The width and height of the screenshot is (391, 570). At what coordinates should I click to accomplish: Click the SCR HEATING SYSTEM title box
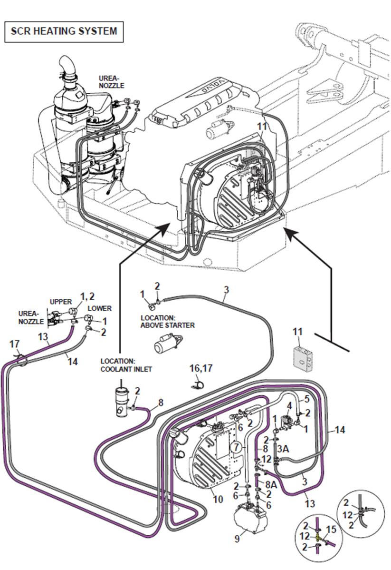pos(64,31)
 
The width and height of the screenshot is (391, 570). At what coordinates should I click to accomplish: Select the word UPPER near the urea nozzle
pos(61,302)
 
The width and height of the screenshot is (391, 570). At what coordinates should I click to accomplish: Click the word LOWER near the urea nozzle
pos(100,308)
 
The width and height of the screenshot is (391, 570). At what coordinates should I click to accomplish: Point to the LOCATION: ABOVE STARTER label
pos(168,321)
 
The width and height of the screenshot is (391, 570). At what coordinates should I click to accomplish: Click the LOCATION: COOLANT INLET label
pos(126,365)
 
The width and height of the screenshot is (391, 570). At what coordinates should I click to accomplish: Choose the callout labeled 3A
pos(283,448)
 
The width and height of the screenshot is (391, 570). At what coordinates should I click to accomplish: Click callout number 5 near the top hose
pos(306,399)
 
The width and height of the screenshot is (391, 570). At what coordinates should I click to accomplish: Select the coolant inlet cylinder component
pos(122,401)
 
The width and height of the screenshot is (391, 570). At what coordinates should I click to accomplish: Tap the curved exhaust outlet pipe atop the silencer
pos(69,66)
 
